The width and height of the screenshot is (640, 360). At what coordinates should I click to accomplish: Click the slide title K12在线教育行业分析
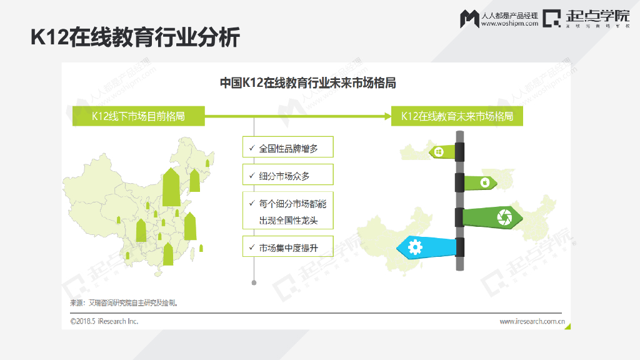(135, 37)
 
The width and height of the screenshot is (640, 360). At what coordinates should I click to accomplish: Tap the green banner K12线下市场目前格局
(138, 116)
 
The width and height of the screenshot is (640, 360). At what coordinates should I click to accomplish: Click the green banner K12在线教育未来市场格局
(457, 116)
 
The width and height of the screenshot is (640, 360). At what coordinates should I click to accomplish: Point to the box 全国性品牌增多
(288, 149)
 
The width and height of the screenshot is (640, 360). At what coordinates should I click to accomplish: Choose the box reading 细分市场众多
(288, 176)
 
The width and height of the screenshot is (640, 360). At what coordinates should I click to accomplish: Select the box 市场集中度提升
(288, 247)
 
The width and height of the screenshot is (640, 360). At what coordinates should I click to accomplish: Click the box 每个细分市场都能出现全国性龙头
(288, 212)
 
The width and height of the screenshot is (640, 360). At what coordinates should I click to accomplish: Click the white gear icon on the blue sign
(415, 248)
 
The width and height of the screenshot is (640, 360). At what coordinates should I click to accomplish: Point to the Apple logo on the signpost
(484, 182)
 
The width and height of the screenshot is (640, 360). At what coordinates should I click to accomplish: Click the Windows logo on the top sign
(439, 151)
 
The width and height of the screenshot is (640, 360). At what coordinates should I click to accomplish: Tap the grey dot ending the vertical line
(254, 282)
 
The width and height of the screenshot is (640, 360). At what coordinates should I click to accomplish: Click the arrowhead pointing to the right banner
(386, 116)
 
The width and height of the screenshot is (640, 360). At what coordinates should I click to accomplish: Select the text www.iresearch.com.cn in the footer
(532, 322)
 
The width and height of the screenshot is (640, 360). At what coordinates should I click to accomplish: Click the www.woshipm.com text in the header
(509, 24)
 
